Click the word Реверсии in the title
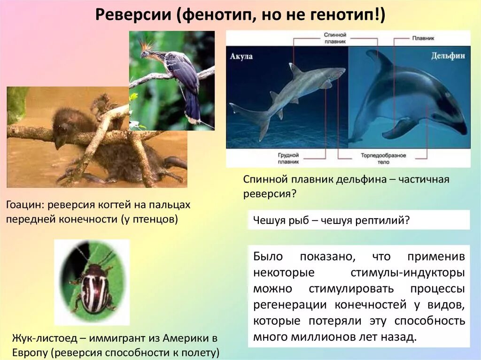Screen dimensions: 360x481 pos(134,16)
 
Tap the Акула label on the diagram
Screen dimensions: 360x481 pos(241,56)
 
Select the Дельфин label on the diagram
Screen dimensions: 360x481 pos(448,55)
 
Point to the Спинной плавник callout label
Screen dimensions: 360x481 pos(335,38)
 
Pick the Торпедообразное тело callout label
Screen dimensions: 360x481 pos(384,158)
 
